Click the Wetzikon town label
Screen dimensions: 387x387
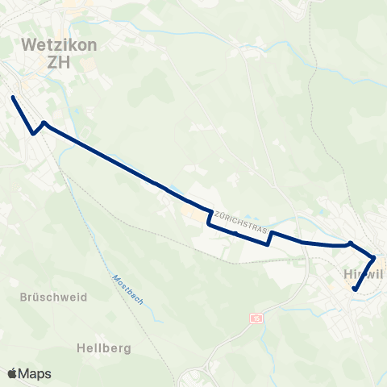pos(59,45)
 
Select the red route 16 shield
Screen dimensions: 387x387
pos(257,318)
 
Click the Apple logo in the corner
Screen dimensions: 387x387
pos(13,373)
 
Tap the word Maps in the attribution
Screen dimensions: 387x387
pos(35,373)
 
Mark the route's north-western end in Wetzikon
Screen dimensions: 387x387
pos(13,98)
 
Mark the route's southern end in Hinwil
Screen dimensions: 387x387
pos(355,289)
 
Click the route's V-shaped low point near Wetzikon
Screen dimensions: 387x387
pos(33,134)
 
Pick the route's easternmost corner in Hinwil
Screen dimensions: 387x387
pos(374,258)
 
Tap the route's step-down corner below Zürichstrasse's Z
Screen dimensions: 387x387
pos(209,226)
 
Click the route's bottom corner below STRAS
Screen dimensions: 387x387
pos(268,245)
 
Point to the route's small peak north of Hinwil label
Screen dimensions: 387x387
pos(350,241)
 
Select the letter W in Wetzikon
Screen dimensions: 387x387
pos(30,45)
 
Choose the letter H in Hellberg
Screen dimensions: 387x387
pos(81,348)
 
